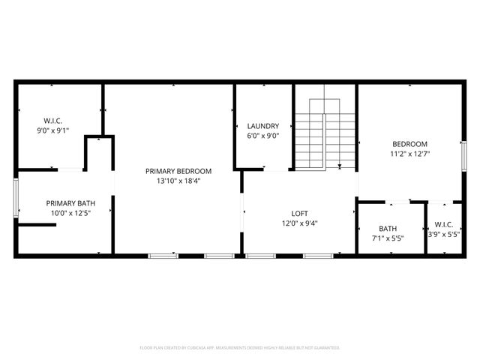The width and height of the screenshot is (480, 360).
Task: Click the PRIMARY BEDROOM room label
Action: pyautogui.click(x=178, y=171)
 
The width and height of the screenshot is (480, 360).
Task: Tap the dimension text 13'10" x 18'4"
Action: pyautogui.click(x=178, y=181)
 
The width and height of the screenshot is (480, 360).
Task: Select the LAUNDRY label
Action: pyautogui.click(x=263, y=126)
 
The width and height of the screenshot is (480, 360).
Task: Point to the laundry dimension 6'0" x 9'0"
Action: pyautogui.click(x=263, y=136)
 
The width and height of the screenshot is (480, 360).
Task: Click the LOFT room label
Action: pyautogui.click(x=300, y=214)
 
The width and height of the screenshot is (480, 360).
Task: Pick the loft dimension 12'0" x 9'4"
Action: pyautogui.click(x=300, y=223)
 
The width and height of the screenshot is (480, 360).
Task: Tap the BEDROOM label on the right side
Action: pyautogui.click(x=409, y=144)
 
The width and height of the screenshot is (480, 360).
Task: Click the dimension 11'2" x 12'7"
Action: pyautogui.click(x=409, y=154)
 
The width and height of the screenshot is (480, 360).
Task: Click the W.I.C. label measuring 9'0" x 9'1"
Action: pyautogui.click(x=52, y=120)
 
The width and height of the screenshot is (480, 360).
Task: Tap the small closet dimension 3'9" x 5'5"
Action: pyautogui.click(x=443, y=234)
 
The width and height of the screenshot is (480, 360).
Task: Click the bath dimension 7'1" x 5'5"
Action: pyautogui.click(x=388, y=239)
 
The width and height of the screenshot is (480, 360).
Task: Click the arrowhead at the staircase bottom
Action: pyautogui.click(x=340, y=168)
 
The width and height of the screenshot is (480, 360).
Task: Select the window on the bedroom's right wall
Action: pyautogui.click(x=463, y=159)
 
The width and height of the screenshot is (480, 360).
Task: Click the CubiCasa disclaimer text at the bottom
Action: pyautogui.click(x=240, y=348)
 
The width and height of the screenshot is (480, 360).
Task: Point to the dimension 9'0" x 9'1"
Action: pyautogui.click(x=52, y=130)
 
